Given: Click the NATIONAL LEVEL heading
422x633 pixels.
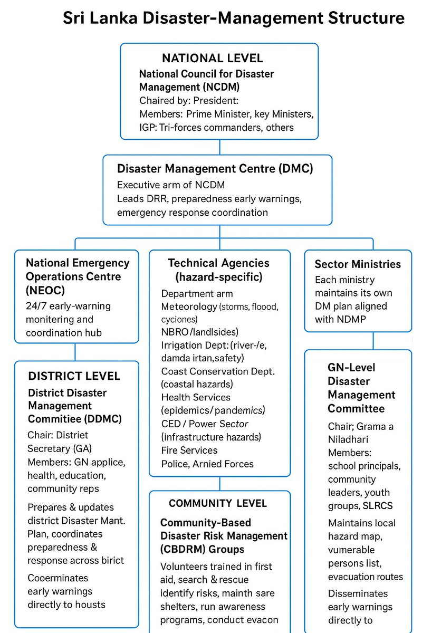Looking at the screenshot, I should [x=213, y=58].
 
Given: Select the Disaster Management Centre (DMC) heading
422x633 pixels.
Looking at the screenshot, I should [x=215, y=169].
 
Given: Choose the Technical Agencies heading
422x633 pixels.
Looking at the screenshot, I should [x=219, y=263].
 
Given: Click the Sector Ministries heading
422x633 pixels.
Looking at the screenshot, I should [x=358, y=264].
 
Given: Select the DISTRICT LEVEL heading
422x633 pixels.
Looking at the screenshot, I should [x=74, y=376].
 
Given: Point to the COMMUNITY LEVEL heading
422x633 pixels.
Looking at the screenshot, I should [x=218, y=503].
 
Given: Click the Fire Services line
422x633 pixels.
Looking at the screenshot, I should [x=189, y=450].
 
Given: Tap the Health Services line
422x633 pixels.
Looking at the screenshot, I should [x=196, y=397].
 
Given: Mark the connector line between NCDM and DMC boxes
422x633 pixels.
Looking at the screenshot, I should [x=218, y=147].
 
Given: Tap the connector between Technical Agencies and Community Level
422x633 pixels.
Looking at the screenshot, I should [x=219, y=483].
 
